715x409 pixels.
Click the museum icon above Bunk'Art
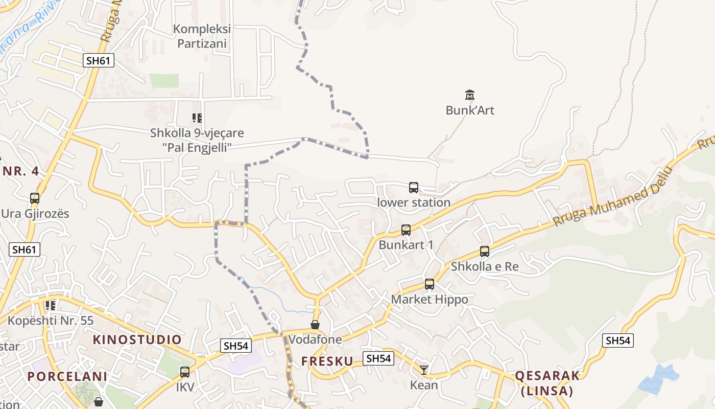pos(470,95)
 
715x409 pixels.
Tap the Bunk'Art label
pos(470,110)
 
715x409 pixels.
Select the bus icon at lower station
pos(414,188)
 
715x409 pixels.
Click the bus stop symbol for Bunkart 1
pos(406,230)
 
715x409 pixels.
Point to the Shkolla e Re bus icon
pos(485,252)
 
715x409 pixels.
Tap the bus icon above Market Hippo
pos(430,284)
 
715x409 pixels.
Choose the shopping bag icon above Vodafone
pos(315,325)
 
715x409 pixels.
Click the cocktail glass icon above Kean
pos(424,370)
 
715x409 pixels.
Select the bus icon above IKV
pos(185,372)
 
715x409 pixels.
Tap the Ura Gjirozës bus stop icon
pos(35,198)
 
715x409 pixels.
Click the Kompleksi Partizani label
pos(202,36)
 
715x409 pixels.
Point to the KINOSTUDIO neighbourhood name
pos(137,340)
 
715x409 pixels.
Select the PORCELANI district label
pos(67,377)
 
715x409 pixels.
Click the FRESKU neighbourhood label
pos(327,361)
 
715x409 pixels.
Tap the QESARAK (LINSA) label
pos(547,383)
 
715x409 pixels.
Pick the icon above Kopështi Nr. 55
pos(51,306)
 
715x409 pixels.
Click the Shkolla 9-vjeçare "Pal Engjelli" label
pos(197,140)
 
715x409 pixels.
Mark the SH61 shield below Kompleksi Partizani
pos(98,60)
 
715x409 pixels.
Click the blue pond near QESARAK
pos(658,379)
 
